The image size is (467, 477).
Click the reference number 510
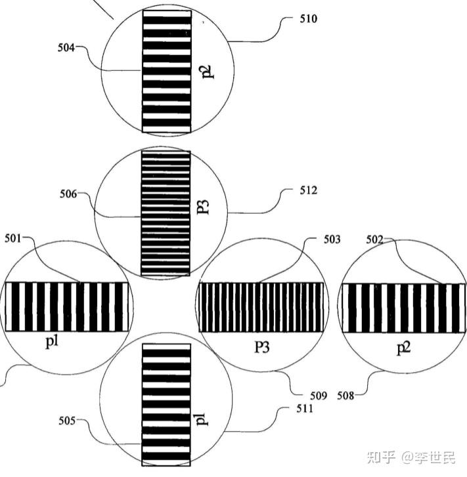[308, 19]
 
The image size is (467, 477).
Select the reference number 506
[68, 194]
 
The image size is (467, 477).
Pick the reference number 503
[332, 240]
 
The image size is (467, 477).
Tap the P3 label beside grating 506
[204, 209]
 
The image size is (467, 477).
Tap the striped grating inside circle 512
[166, 213]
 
